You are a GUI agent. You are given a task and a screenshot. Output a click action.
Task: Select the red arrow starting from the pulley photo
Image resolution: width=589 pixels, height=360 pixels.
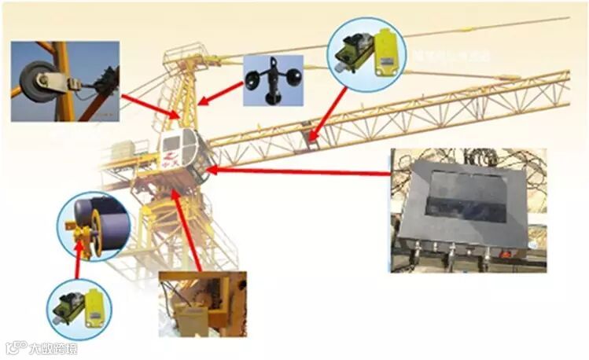tap(150, 106)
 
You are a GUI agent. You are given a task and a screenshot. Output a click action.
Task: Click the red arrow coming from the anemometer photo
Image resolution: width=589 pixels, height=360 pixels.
tap(221, 90)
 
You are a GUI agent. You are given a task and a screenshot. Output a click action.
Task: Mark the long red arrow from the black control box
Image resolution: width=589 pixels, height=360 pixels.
tap(299, 171)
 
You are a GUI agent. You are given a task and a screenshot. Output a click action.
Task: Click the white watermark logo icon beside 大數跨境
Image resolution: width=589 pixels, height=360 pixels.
tap(15, 347)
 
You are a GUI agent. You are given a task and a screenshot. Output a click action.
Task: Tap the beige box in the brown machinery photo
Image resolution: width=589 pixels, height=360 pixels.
tap(193, 318)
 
